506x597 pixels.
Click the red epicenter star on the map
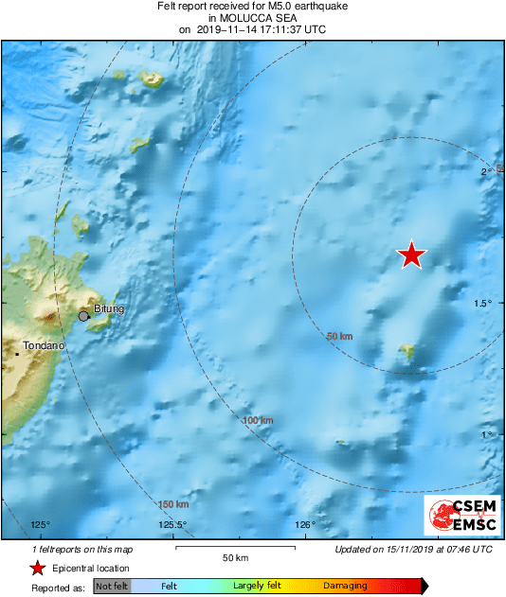coord(411,255)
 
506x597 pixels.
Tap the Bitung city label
coord(109,309)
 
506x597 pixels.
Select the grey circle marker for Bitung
coord(83,316)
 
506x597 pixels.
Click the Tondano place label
coord(44,346)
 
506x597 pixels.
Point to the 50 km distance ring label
coord(339,337)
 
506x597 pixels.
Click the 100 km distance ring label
coord(257,420)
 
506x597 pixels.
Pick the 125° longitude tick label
coord(40,525)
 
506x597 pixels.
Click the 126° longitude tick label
coord(305,525)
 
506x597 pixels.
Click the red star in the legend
coord(37,568)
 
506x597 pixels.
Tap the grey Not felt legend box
coord(113,587)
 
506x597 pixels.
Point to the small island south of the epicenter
coord(407,353)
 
